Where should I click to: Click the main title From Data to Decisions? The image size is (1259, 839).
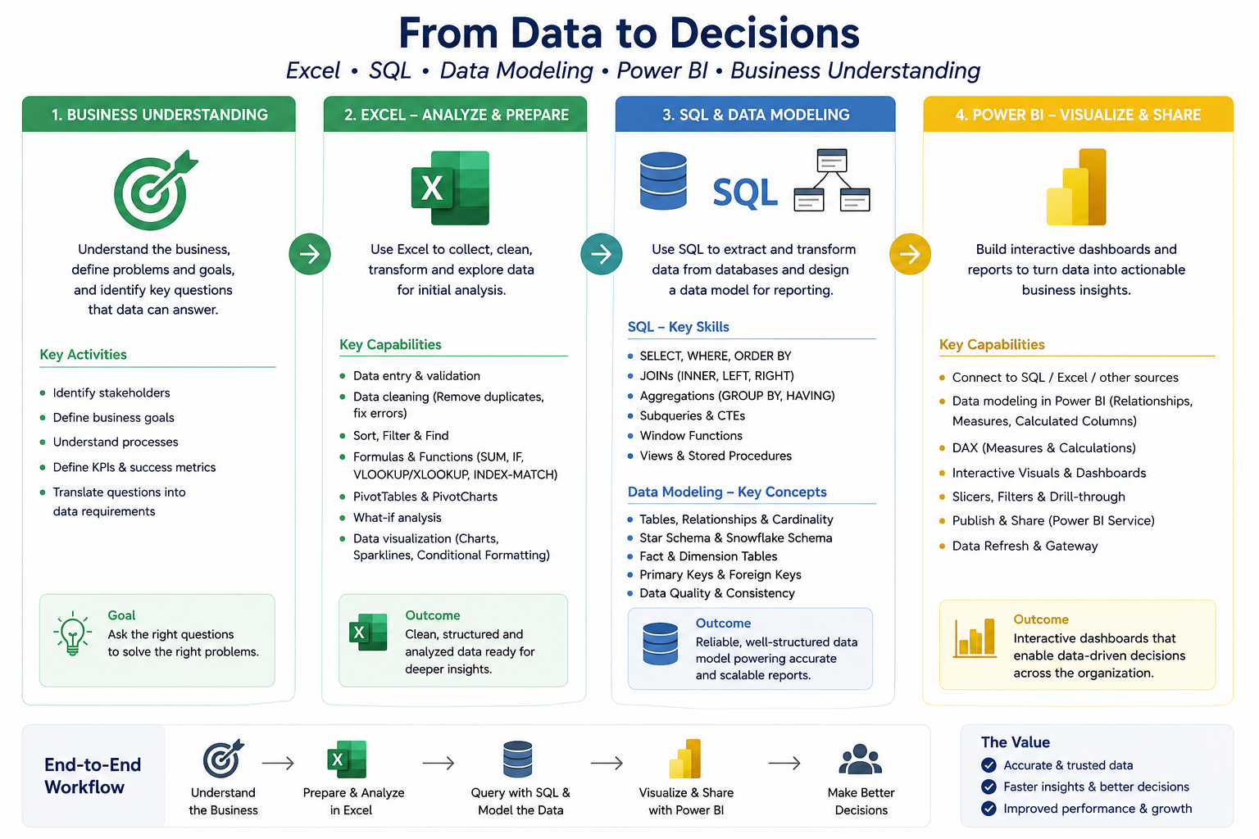tap(629, 33)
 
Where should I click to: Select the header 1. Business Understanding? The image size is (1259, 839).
tap(160, 115)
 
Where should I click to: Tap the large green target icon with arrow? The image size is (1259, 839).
tap(155, 191)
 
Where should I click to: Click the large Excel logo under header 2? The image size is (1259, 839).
tap(450, 188)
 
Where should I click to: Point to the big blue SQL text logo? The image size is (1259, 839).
tap(745, 193)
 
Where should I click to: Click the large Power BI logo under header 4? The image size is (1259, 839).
tap(1076, 187)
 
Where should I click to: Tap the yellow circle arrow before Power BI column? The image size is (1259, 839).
tap(910, 254)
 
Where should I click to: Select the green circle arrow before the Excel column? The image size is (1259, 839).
tap(310, 254)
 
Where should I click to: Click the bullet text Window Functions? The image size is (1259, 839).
tap(691, 436)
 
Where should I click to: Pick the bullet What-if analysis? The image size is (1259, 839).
tap(397, 518)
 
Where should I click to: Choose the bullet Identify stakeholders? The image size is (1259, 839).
tap(111, 392)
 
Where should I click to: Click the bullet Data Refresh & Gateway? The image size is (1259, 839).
tap(1025, 546)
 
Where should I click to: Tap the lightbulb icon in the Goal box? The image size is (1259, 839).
tap(72, 633)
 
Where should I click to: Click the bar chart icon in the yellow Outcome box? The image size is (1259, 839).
tap(975, 637)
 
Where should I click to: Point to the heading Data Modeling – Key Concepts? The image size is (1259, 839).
tap(727, 492)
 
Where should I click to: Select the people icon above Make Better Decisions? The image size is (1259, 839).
tap(861, 760)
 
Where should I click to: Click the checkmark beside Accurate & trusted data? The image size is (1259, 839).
tap(989, 765)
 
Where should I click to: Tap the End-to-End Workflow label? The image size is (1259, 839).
tap(93, 775)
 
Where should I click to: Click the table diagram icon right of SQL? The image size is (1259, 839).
tap(832, 179)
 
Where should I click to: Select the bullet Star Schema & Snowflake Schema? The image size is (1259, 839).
tap(736, 537)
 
